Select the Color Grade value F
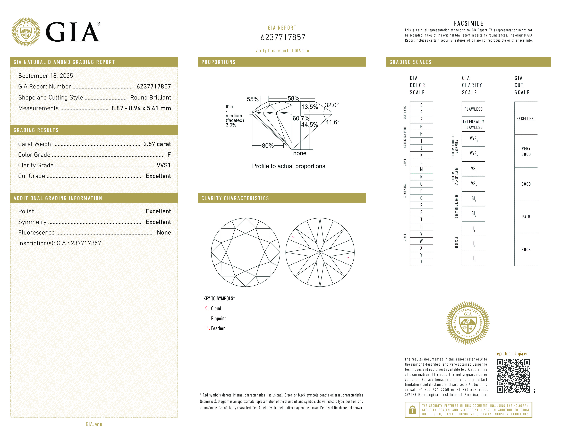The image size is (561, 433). [169, 155]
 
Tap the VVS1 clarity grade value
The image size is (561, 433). [164, 165]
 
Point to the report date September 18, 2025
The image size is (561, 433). [45, 76]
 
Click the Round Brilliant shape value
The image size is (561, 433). [150, 97]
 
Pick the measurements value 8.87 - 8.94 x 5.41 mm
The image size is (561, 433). [141, 108]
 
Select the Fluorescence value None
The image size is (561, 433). [164, 232]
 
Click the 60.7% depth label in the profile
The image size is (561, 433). [301, 118]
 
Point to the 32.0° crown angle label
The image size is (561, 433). [332, 105]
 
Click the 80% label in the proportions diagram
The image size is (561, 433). [268, 146]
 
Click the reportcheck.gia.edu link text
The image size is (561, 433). [513, 354]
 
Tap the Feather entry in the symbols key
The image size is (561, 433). [218, 328]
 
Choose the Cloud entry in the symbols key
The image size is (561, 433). [216, 308]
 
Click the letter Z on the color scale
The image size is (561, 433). [421, 262]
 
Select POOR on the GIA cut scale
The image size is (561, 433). [526, 250]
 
